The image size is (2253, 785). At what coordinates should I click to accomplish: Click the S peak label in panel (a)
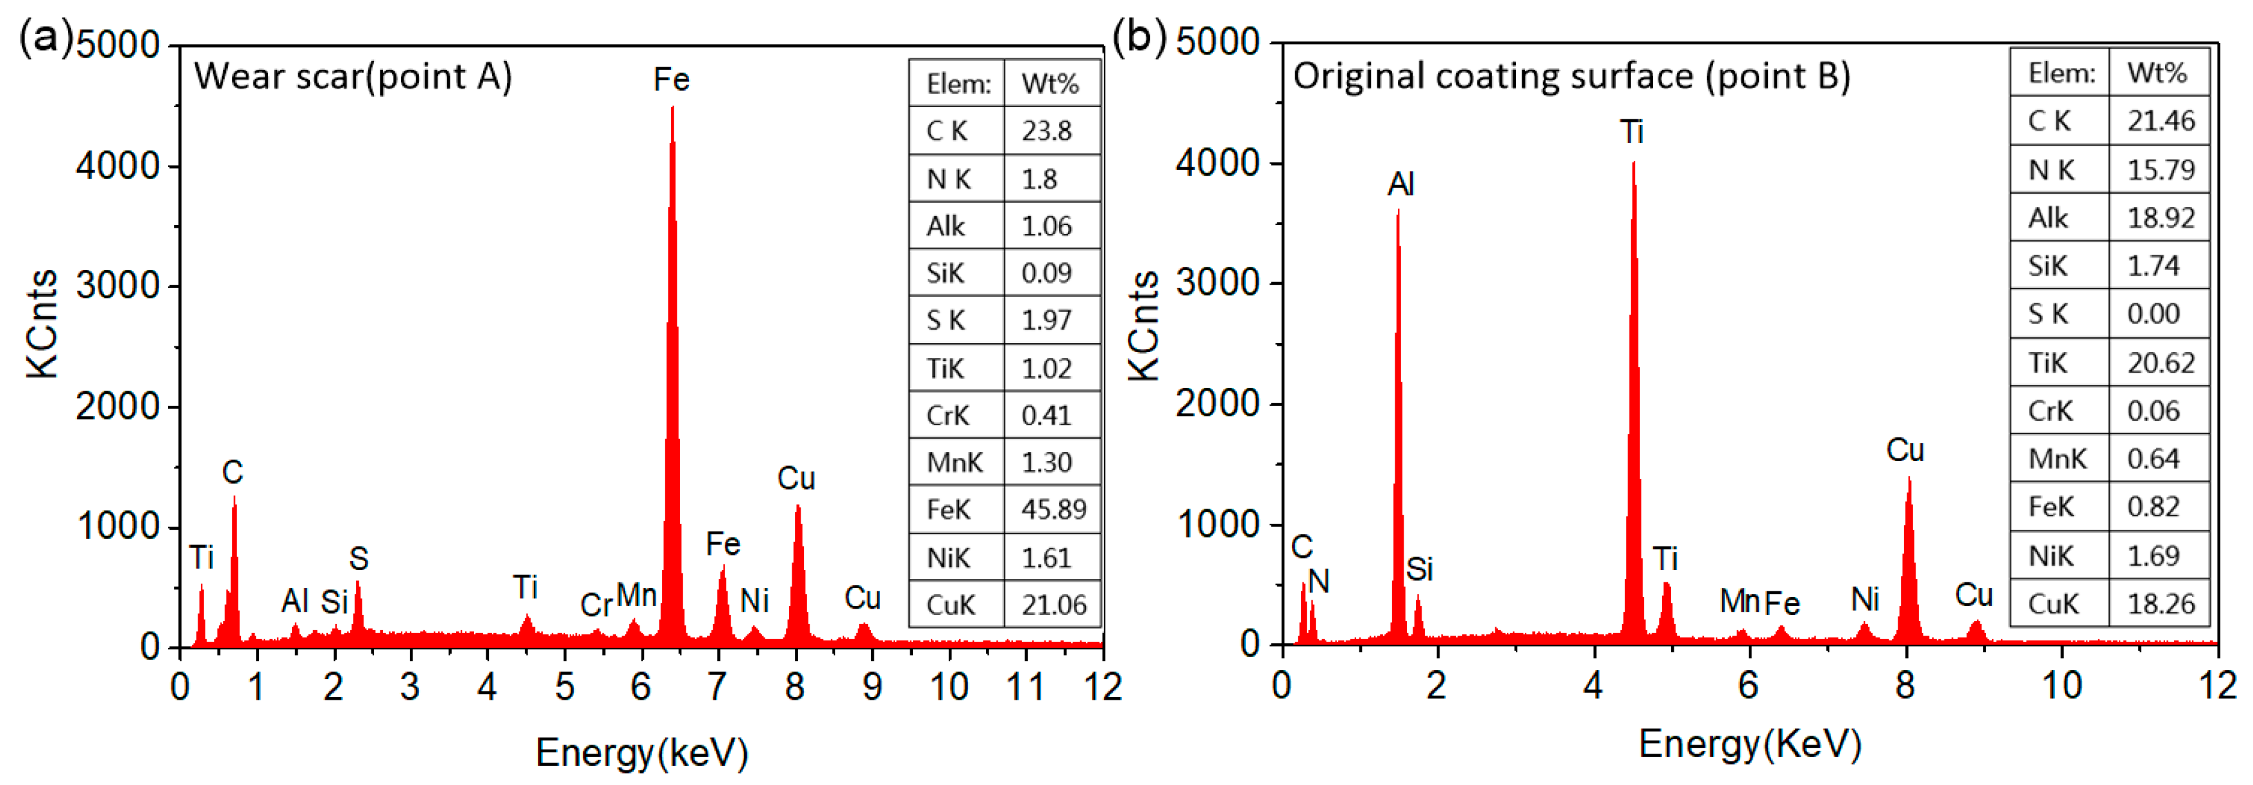359,559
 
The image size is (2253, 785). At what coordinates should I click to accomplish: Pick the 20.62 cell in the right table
2160,363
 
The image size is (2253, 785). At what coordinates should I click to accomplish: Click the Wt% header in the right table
2157,72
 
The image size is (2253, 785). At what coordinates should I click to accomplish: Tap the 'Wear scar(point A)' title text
352,77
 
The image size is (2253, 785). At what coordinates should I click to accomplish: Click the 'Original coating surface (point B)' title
1571,76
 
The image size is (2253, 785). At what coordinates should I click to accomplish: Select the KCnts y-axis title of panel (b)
1143,325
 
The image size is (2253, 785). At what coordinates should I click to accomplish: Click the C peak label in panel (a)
233,473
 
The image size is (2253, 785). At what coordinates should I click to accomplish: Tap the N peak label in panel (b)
1319,581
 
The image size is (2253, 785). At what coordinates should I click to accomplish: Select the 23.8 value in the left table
1046,131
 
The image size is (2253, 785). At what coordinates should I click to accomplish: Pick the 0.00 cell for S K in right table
2154,314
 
